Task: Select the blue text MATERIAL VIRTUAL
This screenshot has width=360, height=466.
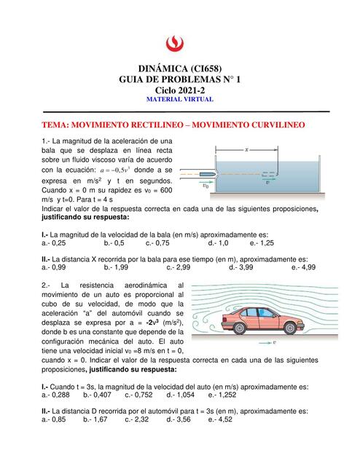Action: pyautogui.click(x=179, y=99)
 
